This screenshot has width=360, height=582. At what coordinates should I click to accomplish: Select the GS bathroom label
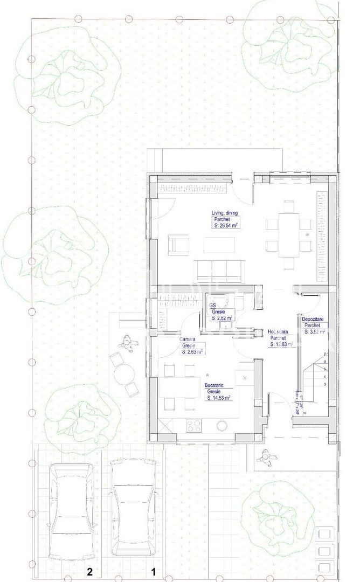point(213,306)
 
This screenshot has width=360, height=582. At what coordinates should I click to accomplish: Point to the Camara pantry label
point(187,339)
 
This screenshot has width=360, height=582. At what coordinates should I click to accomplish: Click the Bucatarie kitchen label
point(214,386)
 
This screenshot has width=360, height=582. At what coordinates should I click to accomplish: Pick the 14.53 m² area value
point(219,398)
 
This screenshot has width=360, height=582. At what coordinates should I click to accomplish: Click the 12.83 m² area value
point(281,344)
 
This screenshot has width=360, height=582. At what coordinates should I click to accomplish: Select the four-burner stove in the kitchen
point(193,426)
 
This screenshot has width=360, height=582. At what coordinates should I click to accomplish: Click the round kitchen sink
point(221,425)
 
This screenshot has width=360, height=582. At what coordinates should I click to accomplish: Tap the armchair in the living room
point(177,245)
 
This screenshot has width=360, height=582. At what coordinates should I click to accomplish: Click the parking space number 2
point(90,571)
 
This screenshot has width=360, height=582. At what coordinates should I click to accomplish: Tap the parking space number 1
point(153,571)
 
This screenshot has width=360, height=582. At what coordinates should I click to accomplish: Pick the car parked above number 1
point(133,507)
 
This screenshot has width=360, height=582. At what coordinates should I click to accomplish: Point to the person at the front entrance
point(264,456)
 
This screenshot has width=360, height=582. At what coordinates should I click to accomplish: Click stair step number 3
point(326,384)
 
